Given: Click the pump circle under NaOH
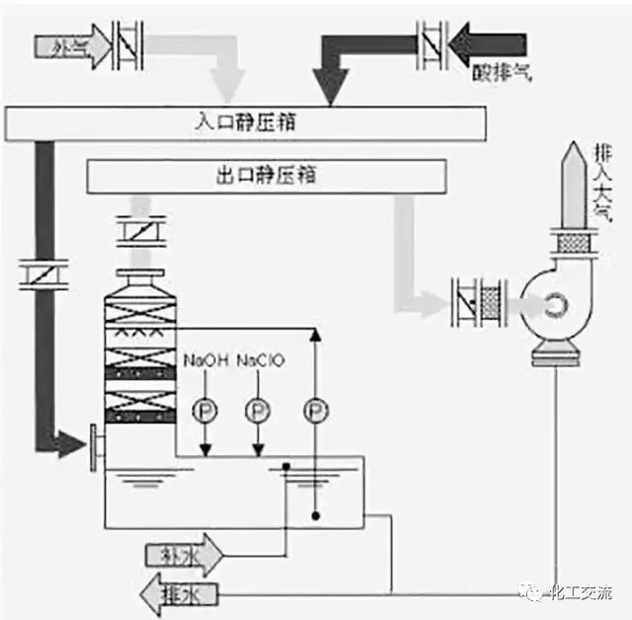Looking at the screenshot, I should pos(202,406).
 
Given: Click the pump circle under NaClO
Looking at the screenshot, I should pos(258,406).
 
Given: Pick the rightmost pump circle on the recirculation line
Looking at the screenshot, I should pos(314,406).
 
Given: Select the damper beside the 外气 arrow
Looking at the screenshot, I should pos(126,45).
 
